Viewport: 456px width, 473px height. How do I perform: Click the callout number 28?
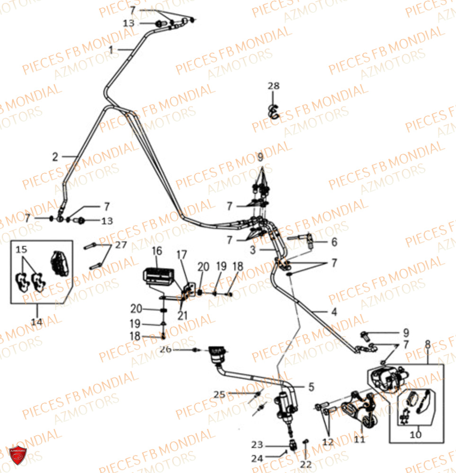pyautogui.click(x=273, y=86)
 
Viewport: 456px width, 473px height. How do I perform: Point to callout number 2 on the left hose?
pyautogui.click(x=55, y=157)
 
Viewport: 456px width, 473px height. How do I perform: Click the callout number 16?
pyautogui.click(x=157, y=251)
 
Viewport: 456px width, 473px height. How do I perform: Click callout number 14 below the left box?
pyautogui.click(x=36, y=322)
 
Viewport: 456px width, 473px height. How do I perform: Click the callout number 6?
pyautogui.click(x=334, y=242)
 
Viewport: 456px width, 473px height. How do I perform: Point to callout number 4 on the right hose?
pyautogui.click(x=334, y=312)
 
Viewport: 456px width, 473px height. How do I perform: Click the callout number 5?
pyautogui.click(x=311, y=387)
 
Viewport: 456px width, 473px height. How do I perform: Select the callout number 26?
pyautogui.click(x=165, y=350)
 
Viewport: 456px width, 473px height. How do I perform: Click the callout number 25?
pyautogui.click(x=219, y=394)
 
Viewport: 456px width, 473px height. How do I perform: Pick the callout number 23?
pyautogui.click(x=257, y=445)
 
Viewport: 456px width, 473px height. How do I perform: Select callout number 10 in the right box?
pyautogui.click(x=415, y=434)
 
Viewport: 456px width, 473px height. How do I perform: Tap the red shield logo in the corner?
pyautogui.click(x=18, y=455)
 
